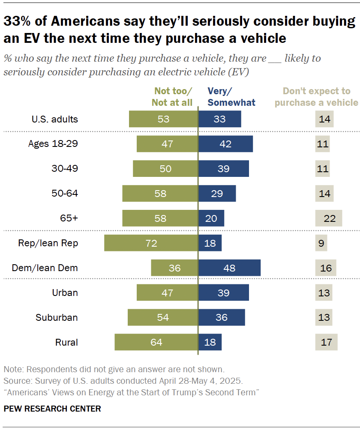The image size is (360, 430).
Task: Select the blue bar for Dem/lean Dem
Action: (229, 268)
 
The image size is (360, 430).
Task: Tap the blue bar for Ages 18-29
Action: (225, 144)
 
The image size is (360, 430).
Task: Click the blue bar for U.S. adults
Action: (219, 119)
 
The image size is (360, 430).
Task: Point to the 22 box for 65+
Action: (329, 218)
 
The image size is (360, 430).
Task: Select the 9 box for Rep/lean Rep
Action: (321, 243)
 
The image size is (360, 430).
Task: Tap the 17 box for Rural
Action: (326, 342)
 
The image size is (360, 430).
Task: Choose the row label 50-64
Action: (65, 193)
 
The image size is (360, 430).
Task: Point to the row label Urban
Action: (65, 293)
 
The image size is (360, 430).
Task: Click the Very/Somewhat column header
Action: (231, 97)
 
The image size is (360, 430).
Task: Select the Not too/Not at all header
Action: (173, 97)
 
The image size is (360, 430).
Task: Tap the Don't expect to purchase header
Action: (316, 97)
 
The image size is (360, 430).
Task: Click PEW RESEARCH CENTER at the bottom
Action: (52, 409)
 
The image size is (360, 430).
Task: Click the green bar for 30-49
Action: (165, 169)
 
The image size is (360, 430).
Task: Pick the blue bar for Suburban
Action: (222, 318)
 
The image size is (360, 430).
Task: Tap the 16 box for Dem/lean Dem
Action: (326, 268)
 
